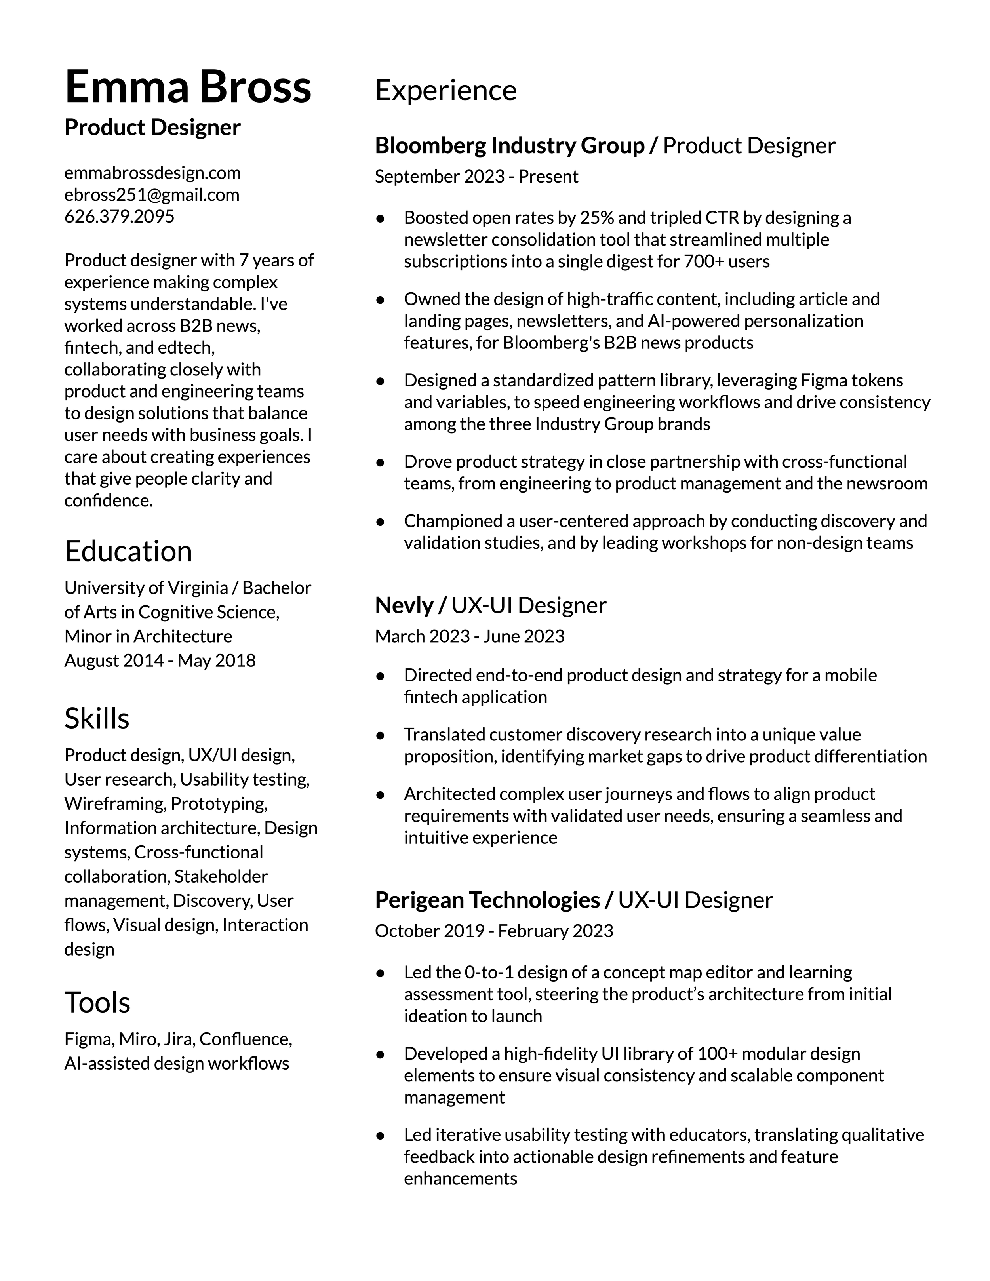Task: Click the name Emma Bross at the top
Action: [188, 87]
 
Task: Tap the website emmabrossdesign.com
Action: [152, 173]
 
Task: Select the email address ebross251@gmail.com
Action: [152, 195]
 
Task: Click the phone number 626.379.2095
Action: [119, 217]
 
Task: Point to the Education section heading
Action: [128, 551]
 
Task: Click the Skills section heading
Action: [97, 719]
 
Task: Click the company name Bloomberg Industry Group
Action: [509, 145]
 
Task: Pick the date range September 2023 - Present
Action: [476, 177]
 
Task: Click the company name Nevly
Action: [404, 605]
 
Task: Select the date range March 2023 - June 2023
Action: [469, 636]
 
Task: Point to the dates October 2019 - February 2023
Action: [494, 931]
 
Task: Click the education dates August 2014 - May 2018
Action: [160, 660]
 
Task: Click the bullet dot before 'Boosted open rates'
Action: [380, 218]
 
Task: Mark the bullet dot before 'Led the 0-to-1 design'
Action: [380, 973]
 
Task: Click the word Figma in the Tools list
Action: [89, 1039]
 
